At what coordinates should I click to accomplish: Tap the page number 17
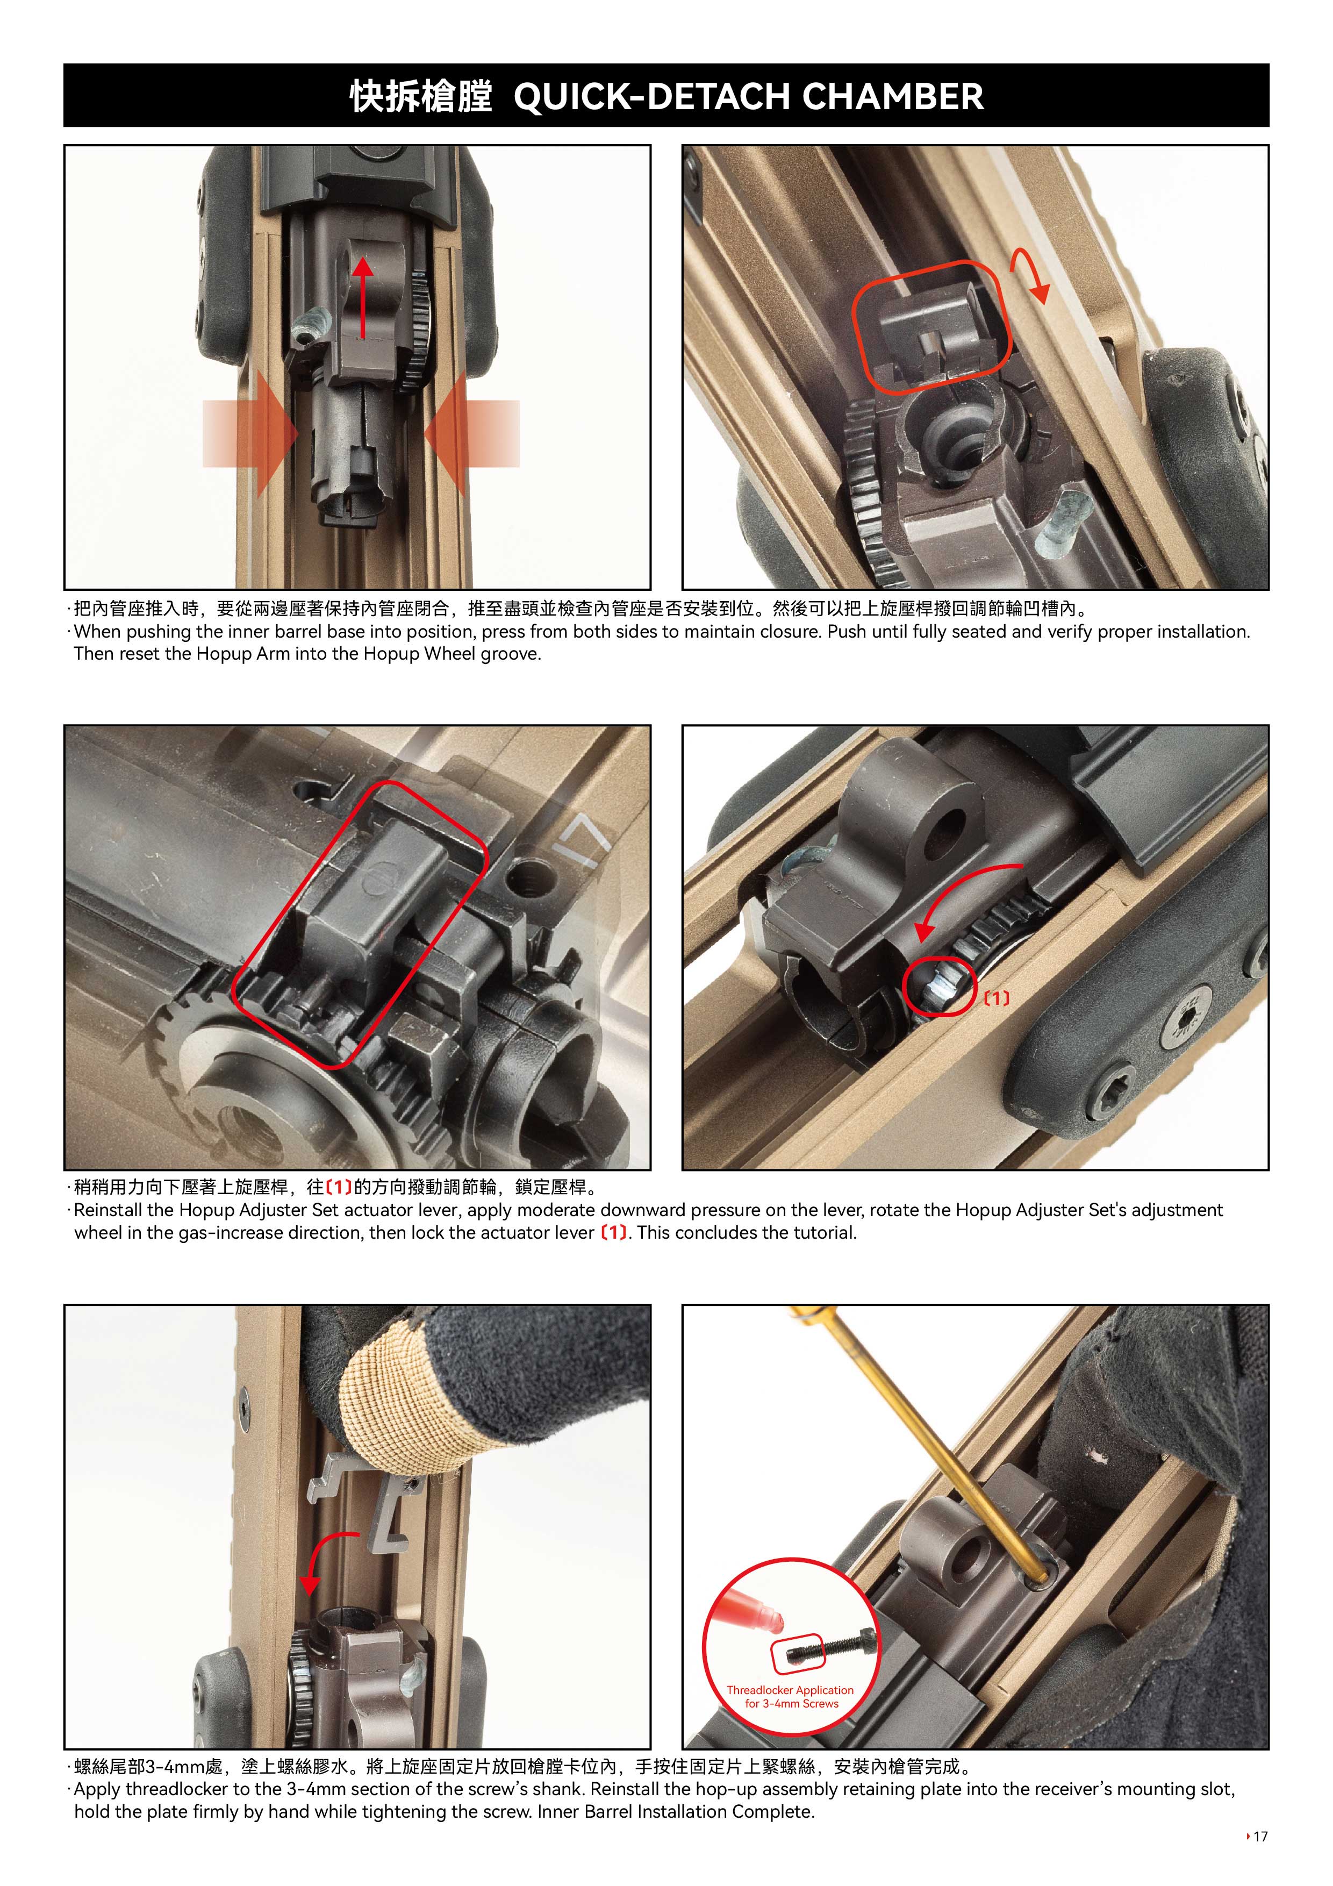click(x=1261, y=1836)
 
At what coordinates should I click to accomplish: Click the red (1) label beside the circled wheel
click(x=997, y=998)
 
